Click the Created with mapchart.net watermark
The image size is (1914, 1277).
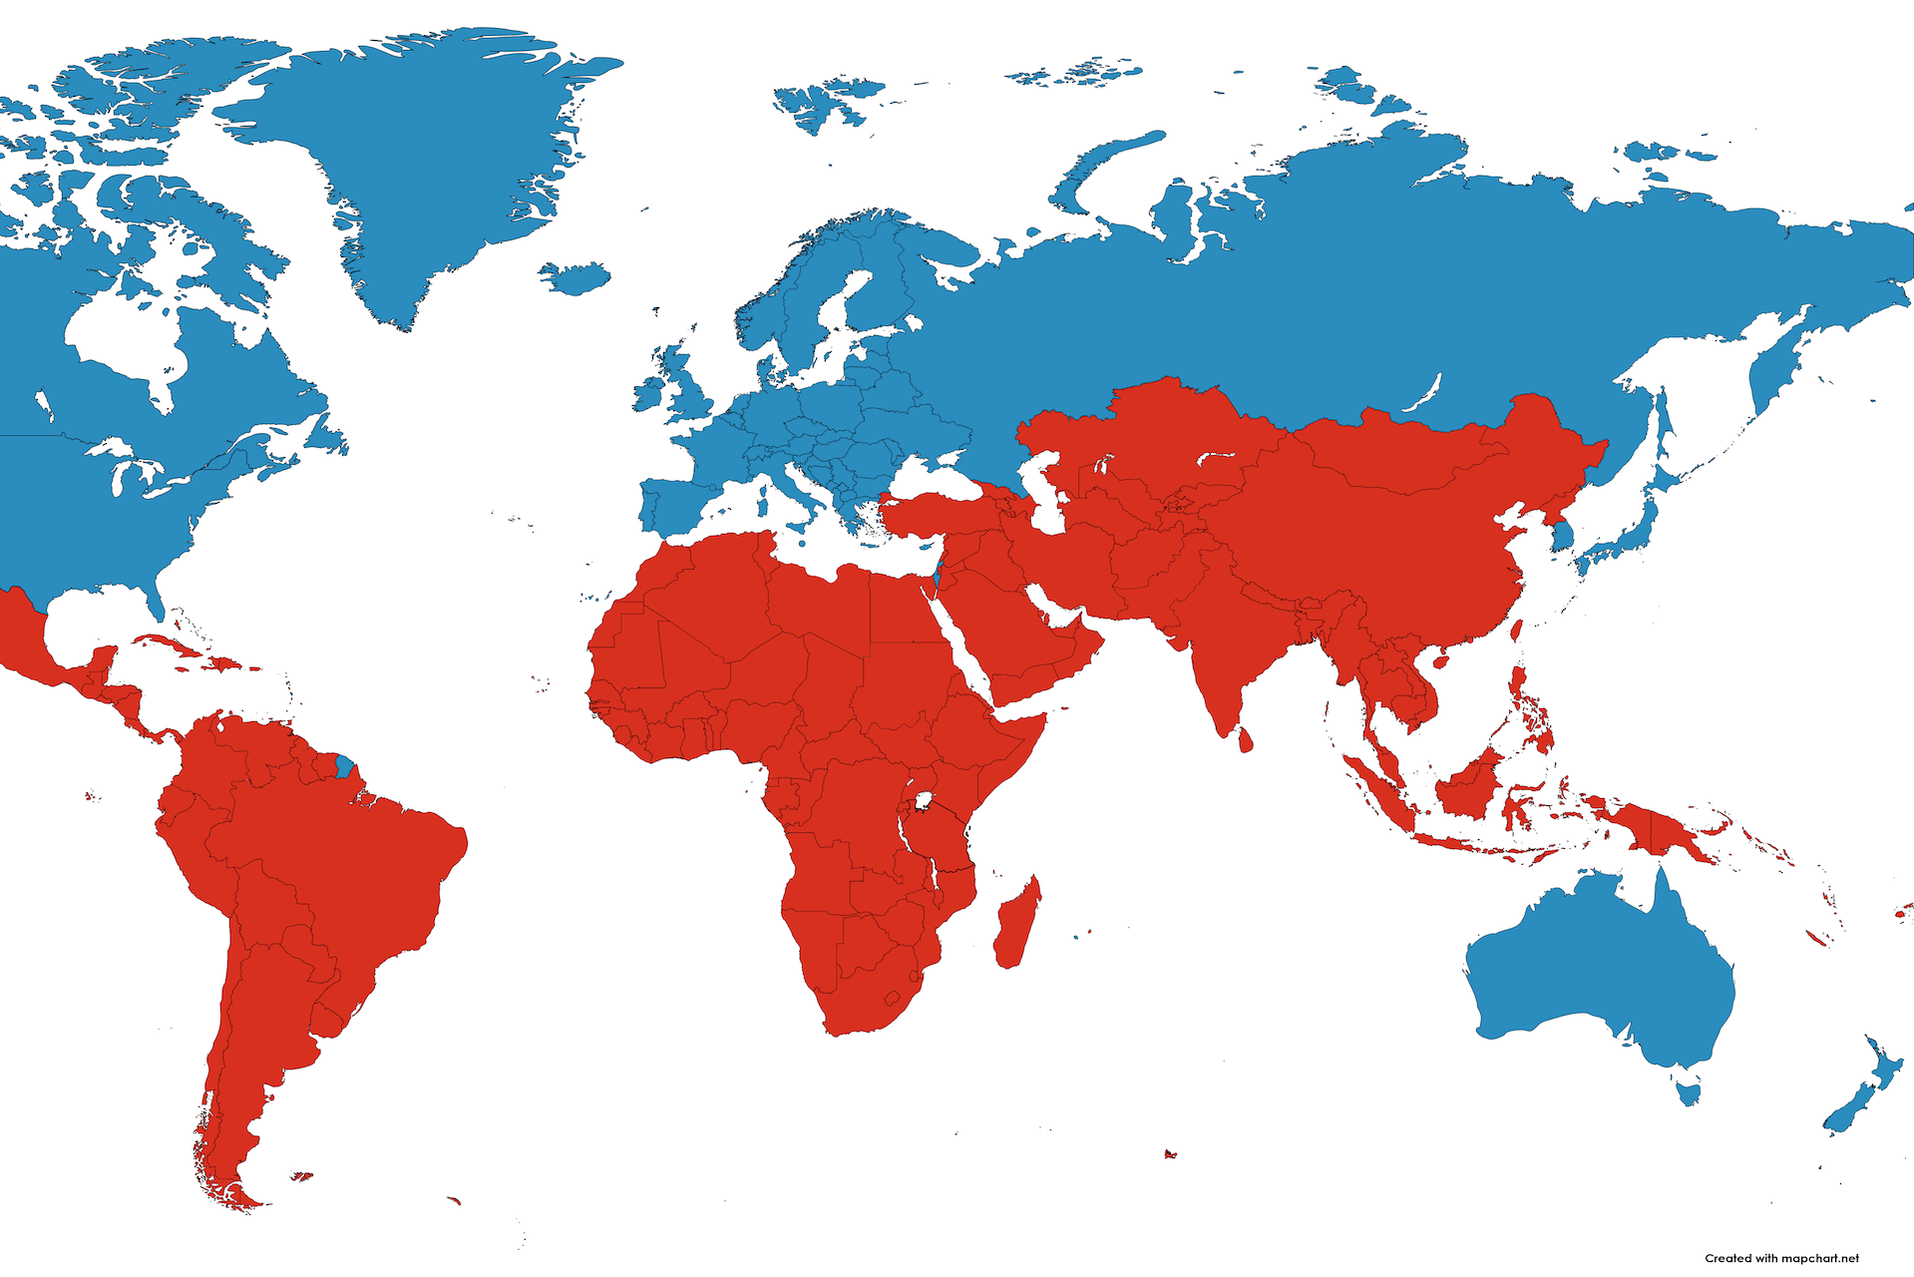pos(1781,1258)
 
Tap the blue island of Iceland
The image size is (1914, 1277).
pos(575,276)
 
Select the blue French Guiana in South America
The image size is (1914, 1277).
pos(345,767)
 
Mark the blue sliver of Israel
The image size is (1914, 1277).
pos(938,577)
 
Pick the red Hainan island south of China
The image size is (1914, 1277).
pos(1439,659)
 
